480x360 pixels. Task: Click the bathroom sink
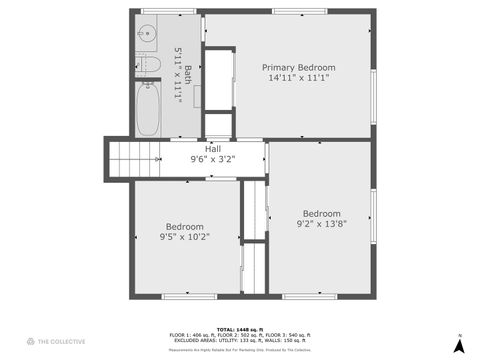coord(148,32)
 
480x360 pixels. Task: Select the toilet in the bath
coord(149,65)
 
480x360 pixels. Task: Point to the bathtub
coord(147,108)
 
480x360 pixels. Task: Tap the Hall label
coord(212,149)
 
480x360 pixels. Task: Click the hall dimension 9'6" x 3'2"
coord(212,159)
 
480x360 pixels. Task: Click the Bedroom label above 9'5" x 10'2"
coord(185,226)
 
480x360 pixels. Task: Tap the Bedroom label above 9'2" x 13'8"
coord(321,213)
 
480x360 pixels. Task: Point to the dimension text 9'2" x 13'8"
coord(321,224)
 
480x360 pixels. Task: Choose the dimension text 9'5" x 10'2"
coord(185,237)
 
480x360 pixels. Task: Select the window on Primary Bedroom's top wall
coord(299,12)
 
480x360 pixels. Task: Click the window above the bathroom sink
coord(153,12)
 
